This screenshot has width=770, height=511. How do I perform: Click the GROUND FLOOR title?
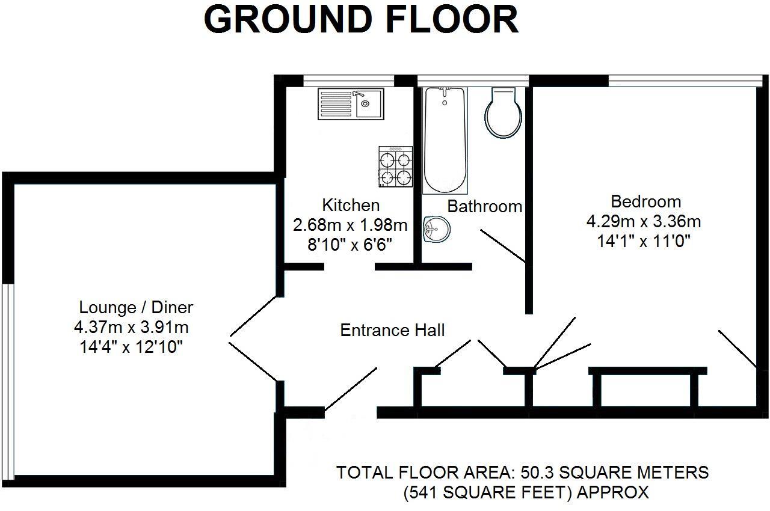click(x=361, y=20)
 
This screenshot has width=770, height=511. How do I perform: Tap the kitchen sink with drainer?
click(x=351, y=104)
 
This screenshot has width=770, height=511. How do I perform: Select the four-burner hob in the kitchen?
click(x=396, y=167)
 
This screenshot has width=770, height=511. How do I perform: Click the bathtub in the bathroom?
click(x=445, y=141)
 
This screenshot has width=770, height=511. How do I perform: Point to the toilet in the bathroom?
click(x=504, y=112)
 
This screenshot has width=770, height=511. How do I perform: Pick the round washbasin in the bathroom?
click(x=437, y=228)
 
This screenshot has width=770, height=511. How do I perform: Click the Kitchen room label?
click(x=351, y=206)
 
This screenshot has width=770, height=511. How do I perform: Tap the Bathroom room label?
click(x=485, y=206)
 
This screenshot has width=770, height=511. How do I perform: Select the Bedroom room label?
click(x=646, y=201)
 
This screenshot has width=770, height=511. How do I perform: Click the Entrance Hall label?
click(x=392, y=330)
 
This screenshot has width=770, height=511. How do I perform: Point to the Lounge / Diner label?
click(x=136, y=307)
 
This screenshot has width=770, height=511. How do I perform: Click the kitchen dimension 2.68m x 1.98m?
click(x=350, y=225)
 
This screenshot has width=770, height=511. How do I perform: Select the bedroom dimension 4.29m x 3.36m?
click(x=644, y=221)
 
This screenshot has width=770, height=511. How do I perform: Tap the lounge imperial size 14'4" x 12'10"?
click(x=131, y=347)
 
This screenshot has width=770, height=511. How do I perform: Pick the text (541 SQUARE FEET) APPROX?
click(x=526, y=492)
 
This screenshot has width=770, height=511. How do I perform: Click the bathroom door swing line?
click(x=503, y=246)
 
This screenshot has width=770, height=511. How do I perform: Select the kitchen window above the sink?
click(x=348, y=81)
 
